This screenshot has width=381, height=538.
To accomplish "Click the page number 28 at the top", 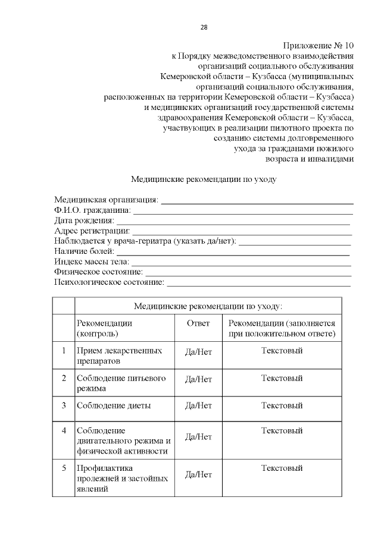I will [x=204, y=27].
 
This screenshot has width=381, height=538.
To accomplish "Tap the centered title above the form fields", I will [x=204, y=178].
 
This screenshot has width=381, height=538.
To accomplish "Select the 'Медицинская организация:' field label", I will [x=106, y=200].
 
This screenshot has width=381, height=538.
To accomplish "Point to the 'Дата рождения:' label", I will [x=84, y=221].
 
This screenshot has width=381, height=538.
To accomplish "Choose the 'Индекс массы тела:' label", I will [x=91, y=262].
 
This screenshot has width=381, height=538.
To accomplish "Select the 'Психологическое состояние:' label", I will [x=109, y=282].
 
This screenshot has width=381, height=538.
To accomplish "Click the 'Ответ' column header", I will [x=198, y=323].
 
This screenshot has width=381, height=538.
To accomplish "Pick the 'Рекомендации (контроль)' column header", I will [x=104, y=329].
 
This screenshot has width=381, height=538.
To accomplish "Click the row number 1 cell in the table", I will [x=63, y=351].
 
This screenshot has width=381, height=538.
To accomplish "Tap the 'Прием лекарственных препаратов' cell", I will [x=119, y=355].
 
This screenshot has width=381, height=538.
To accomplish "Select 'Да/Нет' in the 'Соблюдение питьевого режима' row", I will [x=198, y=379].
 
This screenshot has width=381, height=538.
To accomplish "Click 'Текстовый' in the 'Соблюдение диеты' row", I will [x=282, y=405].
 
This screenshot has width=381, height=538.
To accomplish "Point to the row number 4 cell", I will [x=63, y=430].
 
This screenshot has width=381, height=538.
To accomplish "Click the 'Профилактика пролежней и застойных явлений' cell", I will [x=122, y=479].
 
